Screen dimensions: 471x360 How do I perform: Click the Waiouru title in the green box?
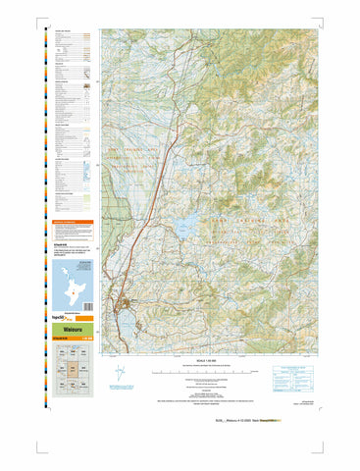69,332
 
